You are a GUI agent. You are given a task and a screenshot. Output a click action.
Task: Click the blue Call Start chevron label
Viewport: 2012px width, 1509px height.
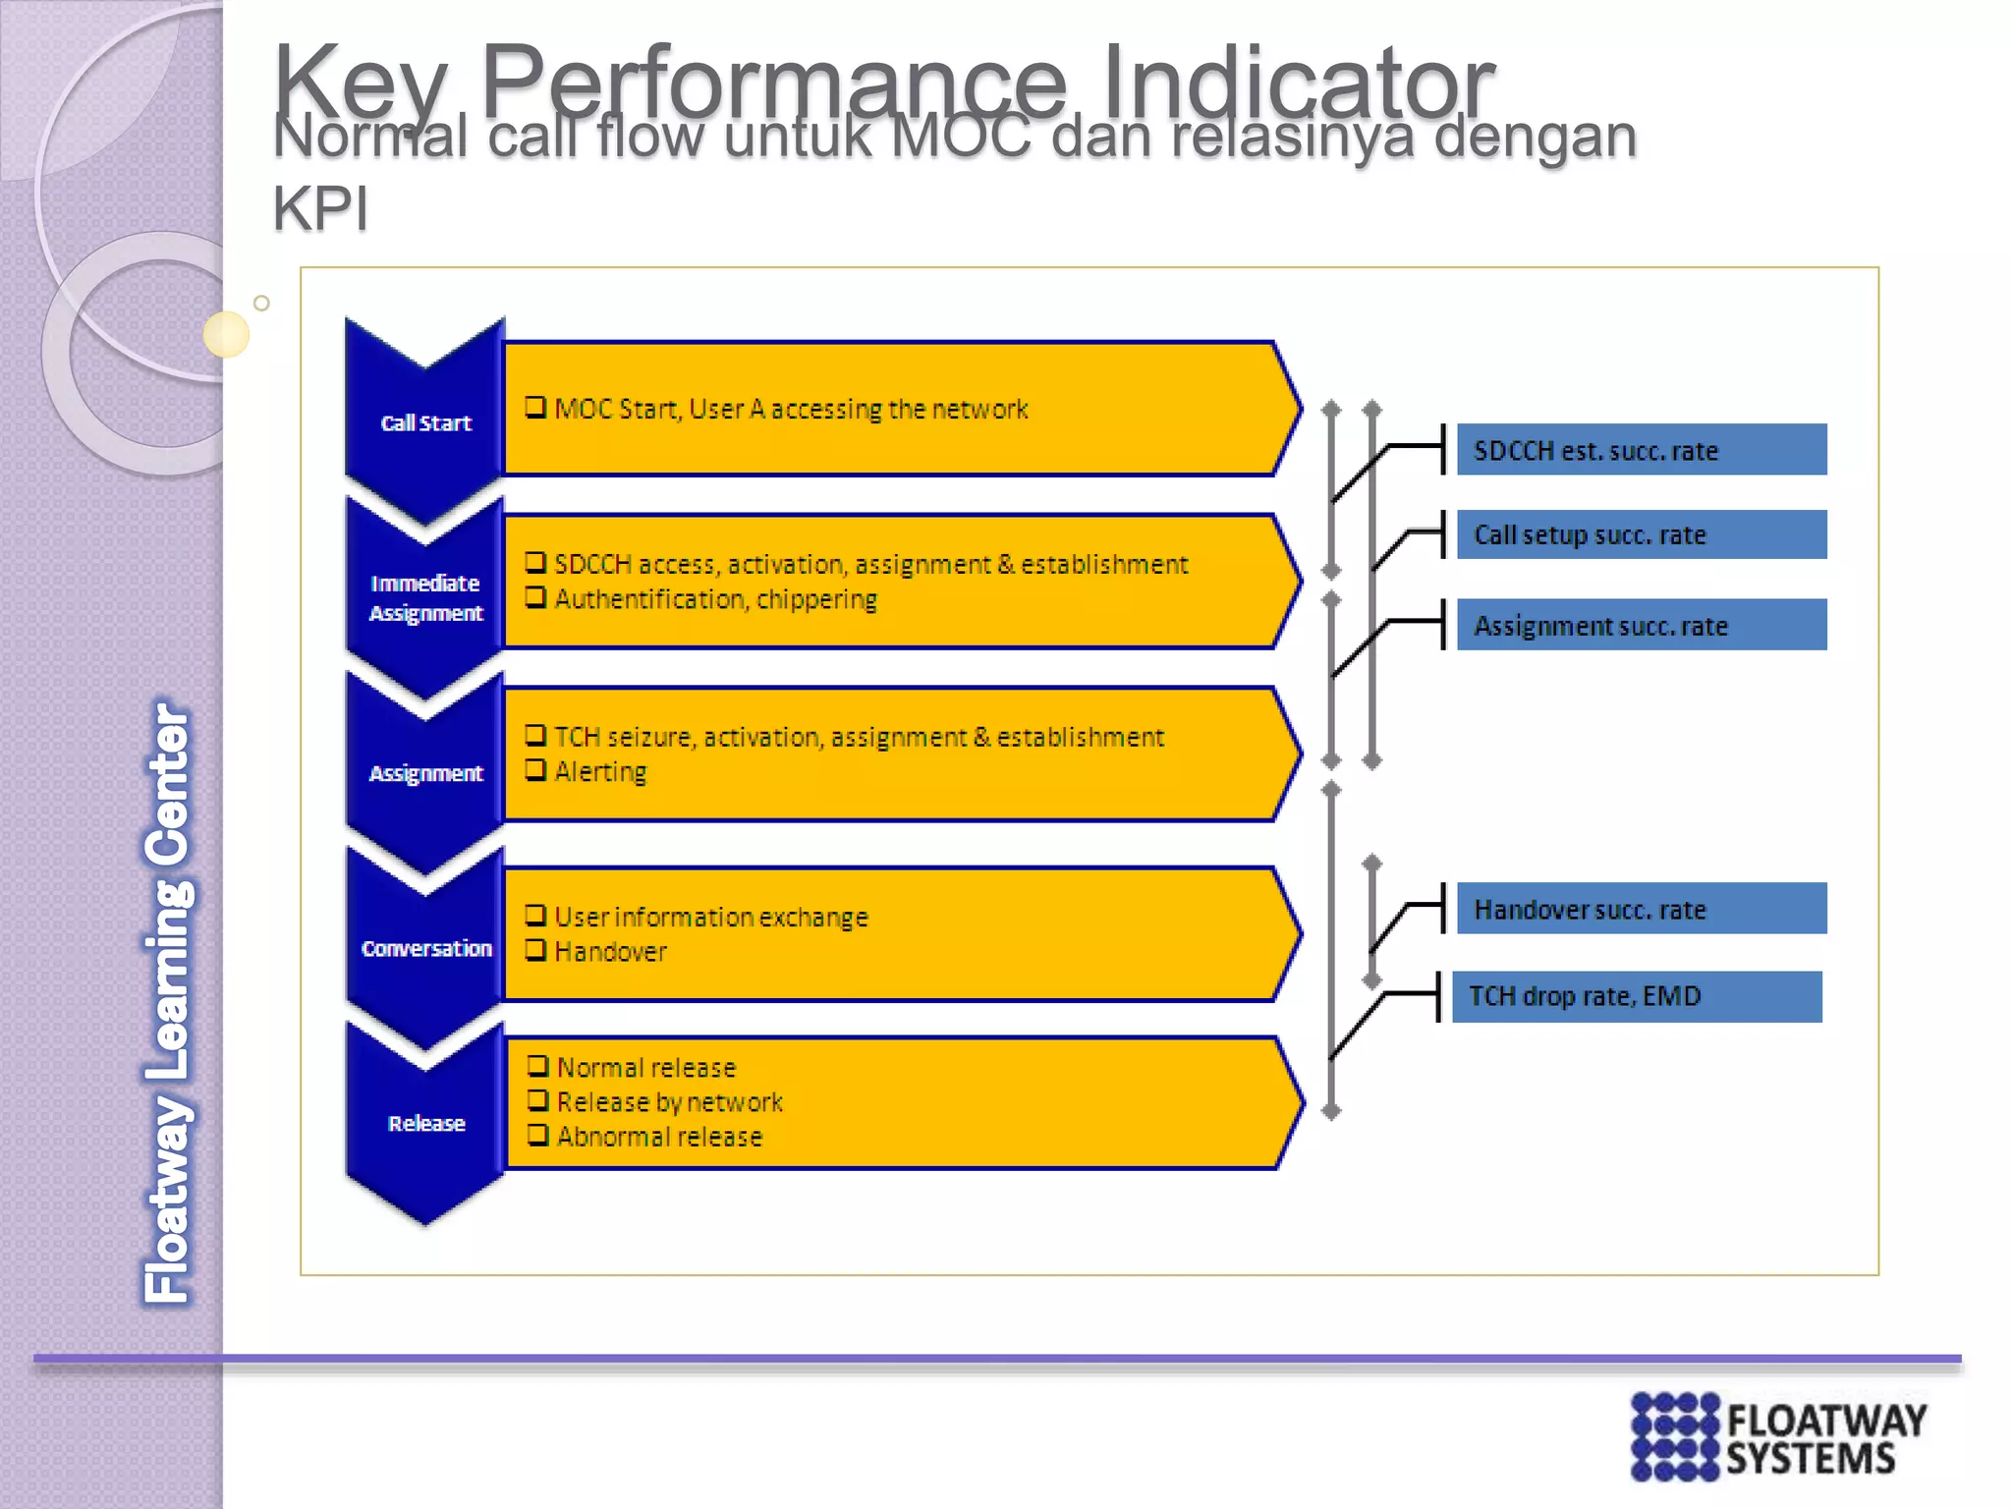click(425, 423)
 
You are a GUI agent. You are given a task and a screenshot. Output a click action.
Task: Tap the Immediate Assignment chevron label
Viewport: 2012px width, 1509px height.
click(425, 597)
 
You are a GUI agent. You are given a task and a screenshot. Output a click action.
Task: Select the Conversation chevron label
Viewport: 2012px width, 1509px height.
click(425, 948)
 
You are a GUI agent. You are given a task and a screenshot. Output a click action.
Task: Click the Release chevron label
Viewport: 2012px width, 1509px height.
click(425, 1123)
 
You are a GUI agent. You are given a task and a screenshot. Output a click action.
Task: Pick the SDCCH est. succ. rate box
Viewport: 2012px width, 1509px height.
click(1641, 450)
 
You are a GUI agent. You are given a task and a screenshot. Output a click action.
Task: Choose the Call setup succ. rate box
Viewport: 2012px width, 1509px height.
click(1641, 534)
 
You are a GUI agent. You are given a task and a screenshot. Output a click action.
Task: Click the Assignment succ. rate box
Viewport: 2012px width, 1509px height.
click(1641, 625)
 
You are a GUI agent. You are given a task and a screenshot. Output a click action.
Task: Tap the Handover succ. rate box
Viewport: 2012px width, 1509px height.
click(1641, 909)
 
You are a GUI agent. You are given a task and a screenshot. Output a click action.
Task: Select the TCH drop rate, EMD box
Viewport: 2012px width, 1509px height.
click(1636, 996)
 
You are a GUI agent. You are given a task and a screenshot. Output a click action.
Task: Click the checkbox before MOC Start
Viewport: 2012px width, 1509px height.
click(535, 407)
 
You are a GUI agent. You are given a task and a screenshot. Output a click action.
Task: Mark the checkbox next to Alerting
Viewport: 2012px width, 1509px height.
click(535, 769)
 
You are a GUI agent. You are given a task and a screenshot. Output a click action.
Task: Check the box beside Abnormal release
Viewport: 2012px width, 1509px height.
click(537, 1135)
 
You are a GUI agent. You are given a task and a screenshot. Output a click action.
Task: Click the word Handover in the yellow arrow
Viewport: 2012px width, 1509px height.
click(610, 952)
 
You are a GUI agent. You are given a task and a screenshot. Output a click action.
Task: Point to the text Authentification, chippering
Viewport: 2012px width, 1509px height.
click(715, 599)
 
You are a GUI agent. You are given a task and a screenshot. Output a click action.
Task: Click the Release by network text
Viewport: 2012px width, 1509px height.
click(669, 1102)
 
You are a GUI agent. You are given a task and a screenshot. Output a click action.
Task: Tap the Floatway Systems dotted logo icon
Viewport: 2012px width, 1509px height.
click(1675, 1435)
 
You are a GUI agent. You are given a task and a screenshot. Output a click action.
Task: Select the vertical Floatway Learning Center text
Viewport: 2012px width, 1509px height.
click(168, 1002)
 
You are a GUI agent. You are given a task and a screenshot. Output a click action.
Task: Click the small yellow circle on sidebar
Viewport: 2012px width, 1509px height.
click(226, 334)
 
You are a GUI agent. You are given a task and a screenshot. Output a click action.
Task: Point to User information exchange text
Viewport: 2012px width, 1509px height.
click(711, 917)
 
